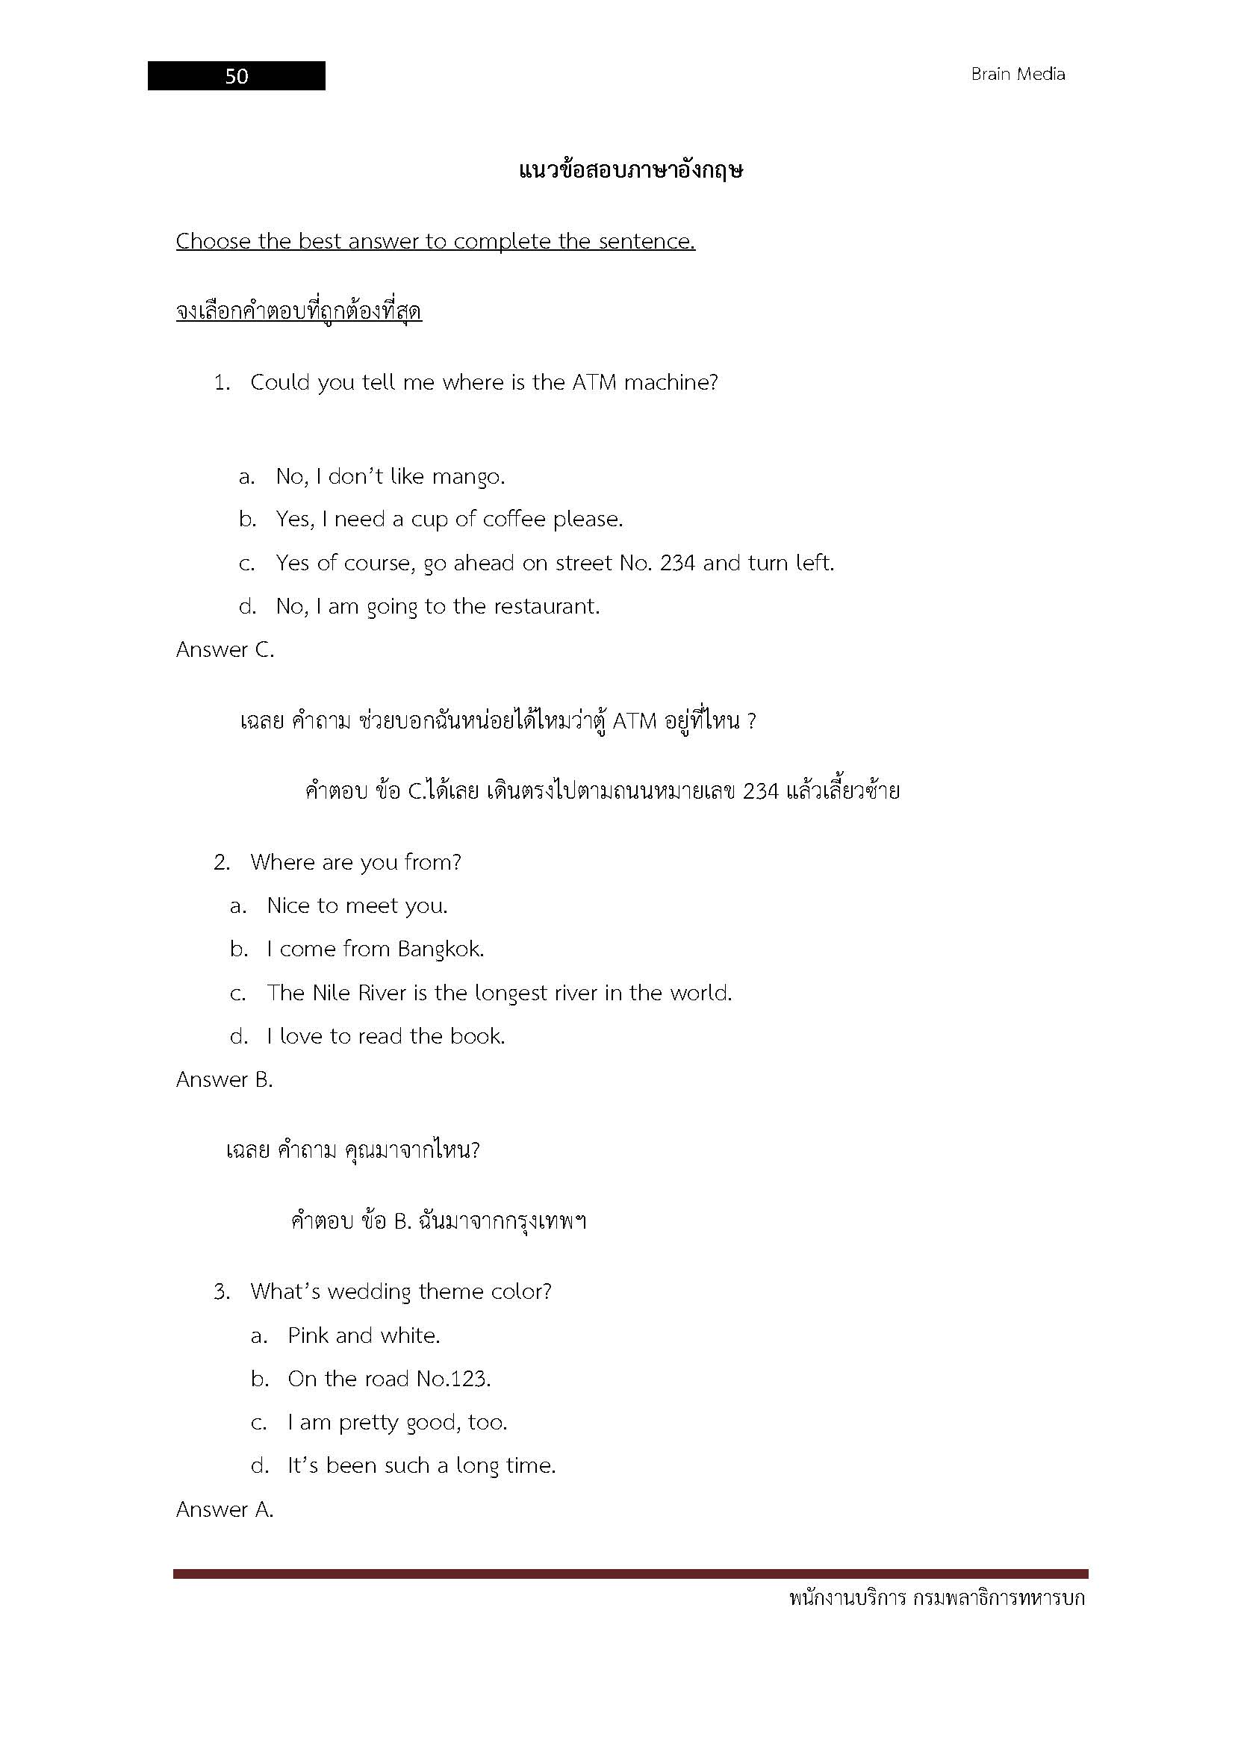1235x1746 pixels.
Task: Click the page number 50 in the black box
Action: tap(237, 76)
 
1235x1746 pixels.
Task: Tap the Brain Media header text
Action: tap(1018, 75)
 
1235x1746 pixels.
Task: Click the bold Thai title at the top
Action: tap(630, 169)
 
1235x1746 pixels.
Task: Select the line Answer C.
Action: tap(225, 650)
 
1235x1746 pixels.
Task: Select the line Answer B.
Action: tap(224, 1080)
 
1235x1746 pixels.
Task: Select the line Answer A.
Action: tap(224, 1509)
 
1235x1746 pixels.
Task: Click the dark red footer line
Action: tap(630, 1574)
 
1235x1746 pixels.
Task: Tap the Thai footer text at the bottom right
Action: tap(937, 1599)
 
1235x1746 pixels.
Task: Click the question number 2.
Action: tap(221, 863)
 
